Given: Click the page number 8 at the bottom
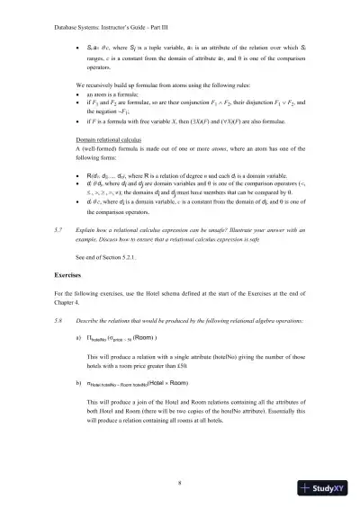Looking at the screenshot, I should (180, 482).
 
